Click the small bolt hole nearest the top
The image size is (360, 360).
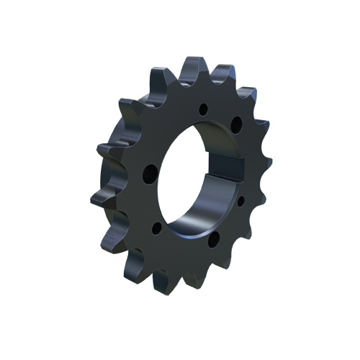tap(204, 110)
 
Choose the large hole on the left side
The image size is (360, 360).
tap(150, 173)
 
